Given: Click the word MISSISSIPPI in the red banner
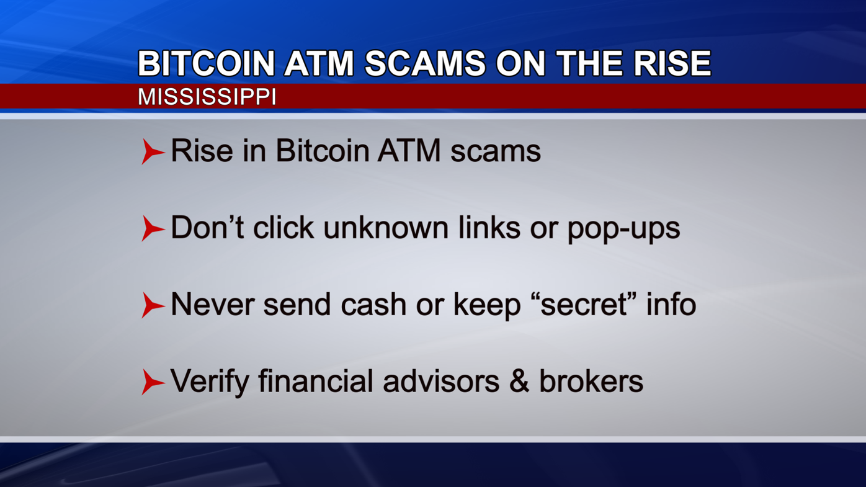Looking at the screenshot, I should (x=207, y=97).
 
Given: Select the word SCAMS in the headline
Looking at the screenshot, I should (x=425, y=63).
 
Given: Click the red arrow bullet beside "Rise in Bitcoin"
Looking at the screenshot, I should (x=152, y=151).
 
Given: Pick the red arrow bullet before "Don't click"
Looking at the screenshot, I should (x=152, y=228).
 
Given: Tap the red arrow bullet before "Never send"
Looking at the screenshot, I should (x=152, y=305).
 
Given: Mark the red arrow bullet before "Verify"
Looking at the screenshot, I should (x=152, y=382).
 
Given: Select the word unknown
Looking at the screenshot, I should (x=386, y=227).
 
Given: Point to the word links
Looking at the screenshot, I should (x=489, y=227).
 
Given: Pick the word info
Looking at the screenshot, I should (x=671, y=304).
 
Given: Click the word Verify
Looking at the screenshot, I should (x=209, y=382).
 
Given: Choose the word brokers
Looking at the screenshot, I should (x=591, y=381).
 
